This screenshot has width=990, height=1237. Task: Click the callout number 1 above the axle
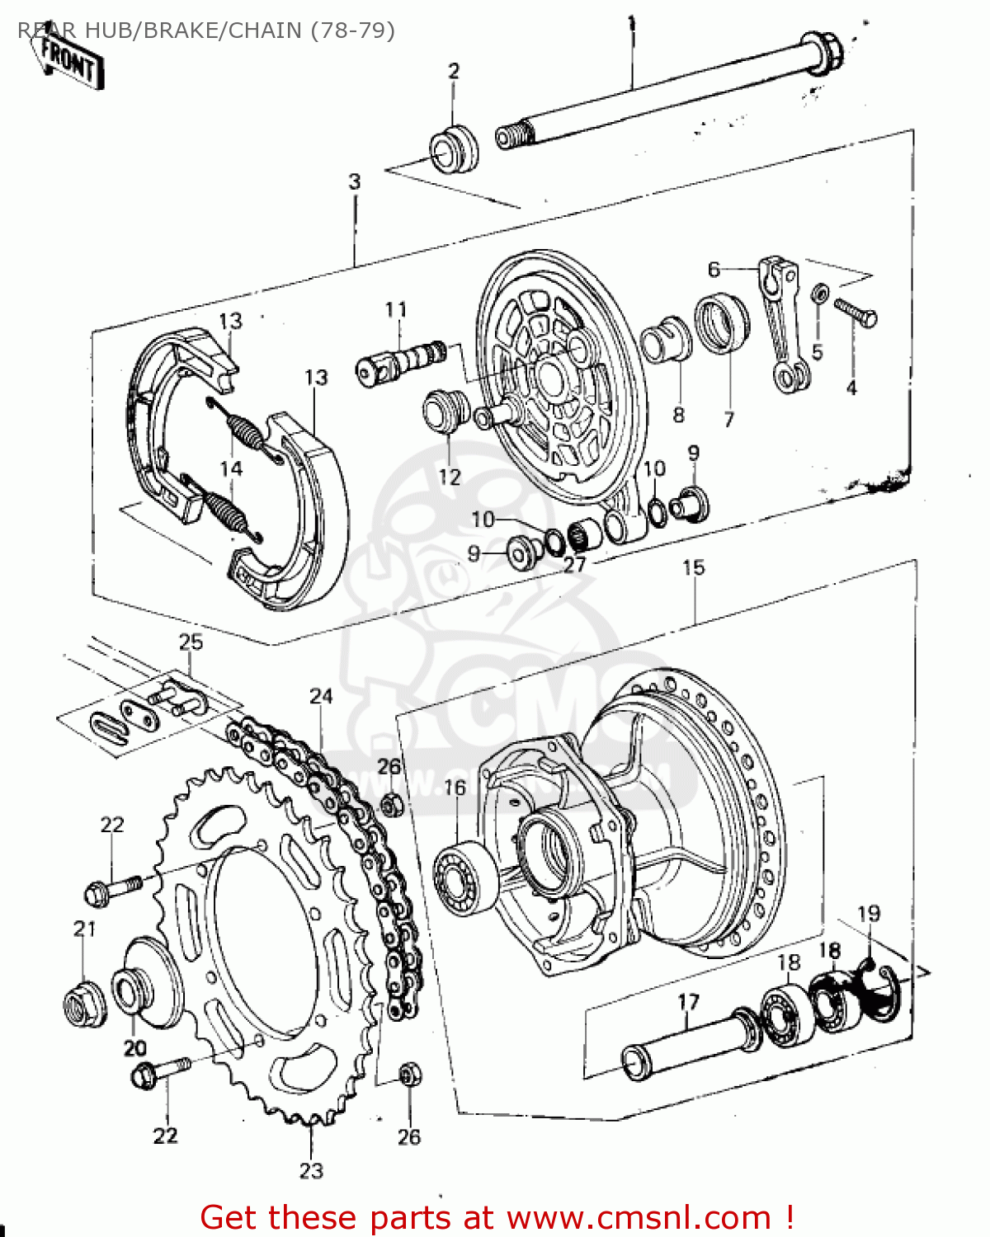(x=631, y=22)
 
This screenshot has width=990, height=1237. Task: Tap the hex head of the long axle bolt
(x=822, y=51)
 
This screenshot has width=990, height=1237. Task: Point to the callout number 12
(x=450, y=477)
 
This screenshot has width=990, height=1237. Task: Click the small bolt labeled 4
(x=856, y=313)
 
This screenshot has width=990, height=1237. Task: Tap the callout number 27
(x=574, y=565)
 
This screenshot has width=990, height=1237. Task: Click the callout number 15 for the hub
(x=694, y=567)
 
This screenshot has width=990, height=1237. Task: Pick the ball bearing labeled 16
(x=464, y=877)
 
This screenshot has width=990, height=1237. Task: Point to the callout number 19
(x=869, y=914)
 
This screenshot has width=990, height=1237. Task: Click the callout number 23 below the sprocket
(x=311, y=1170)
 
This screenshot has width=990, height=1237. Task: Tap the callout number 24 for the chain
(x=321, y=697)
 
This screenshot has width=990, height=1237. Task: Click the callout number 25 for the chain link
(x=191, y=642)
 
